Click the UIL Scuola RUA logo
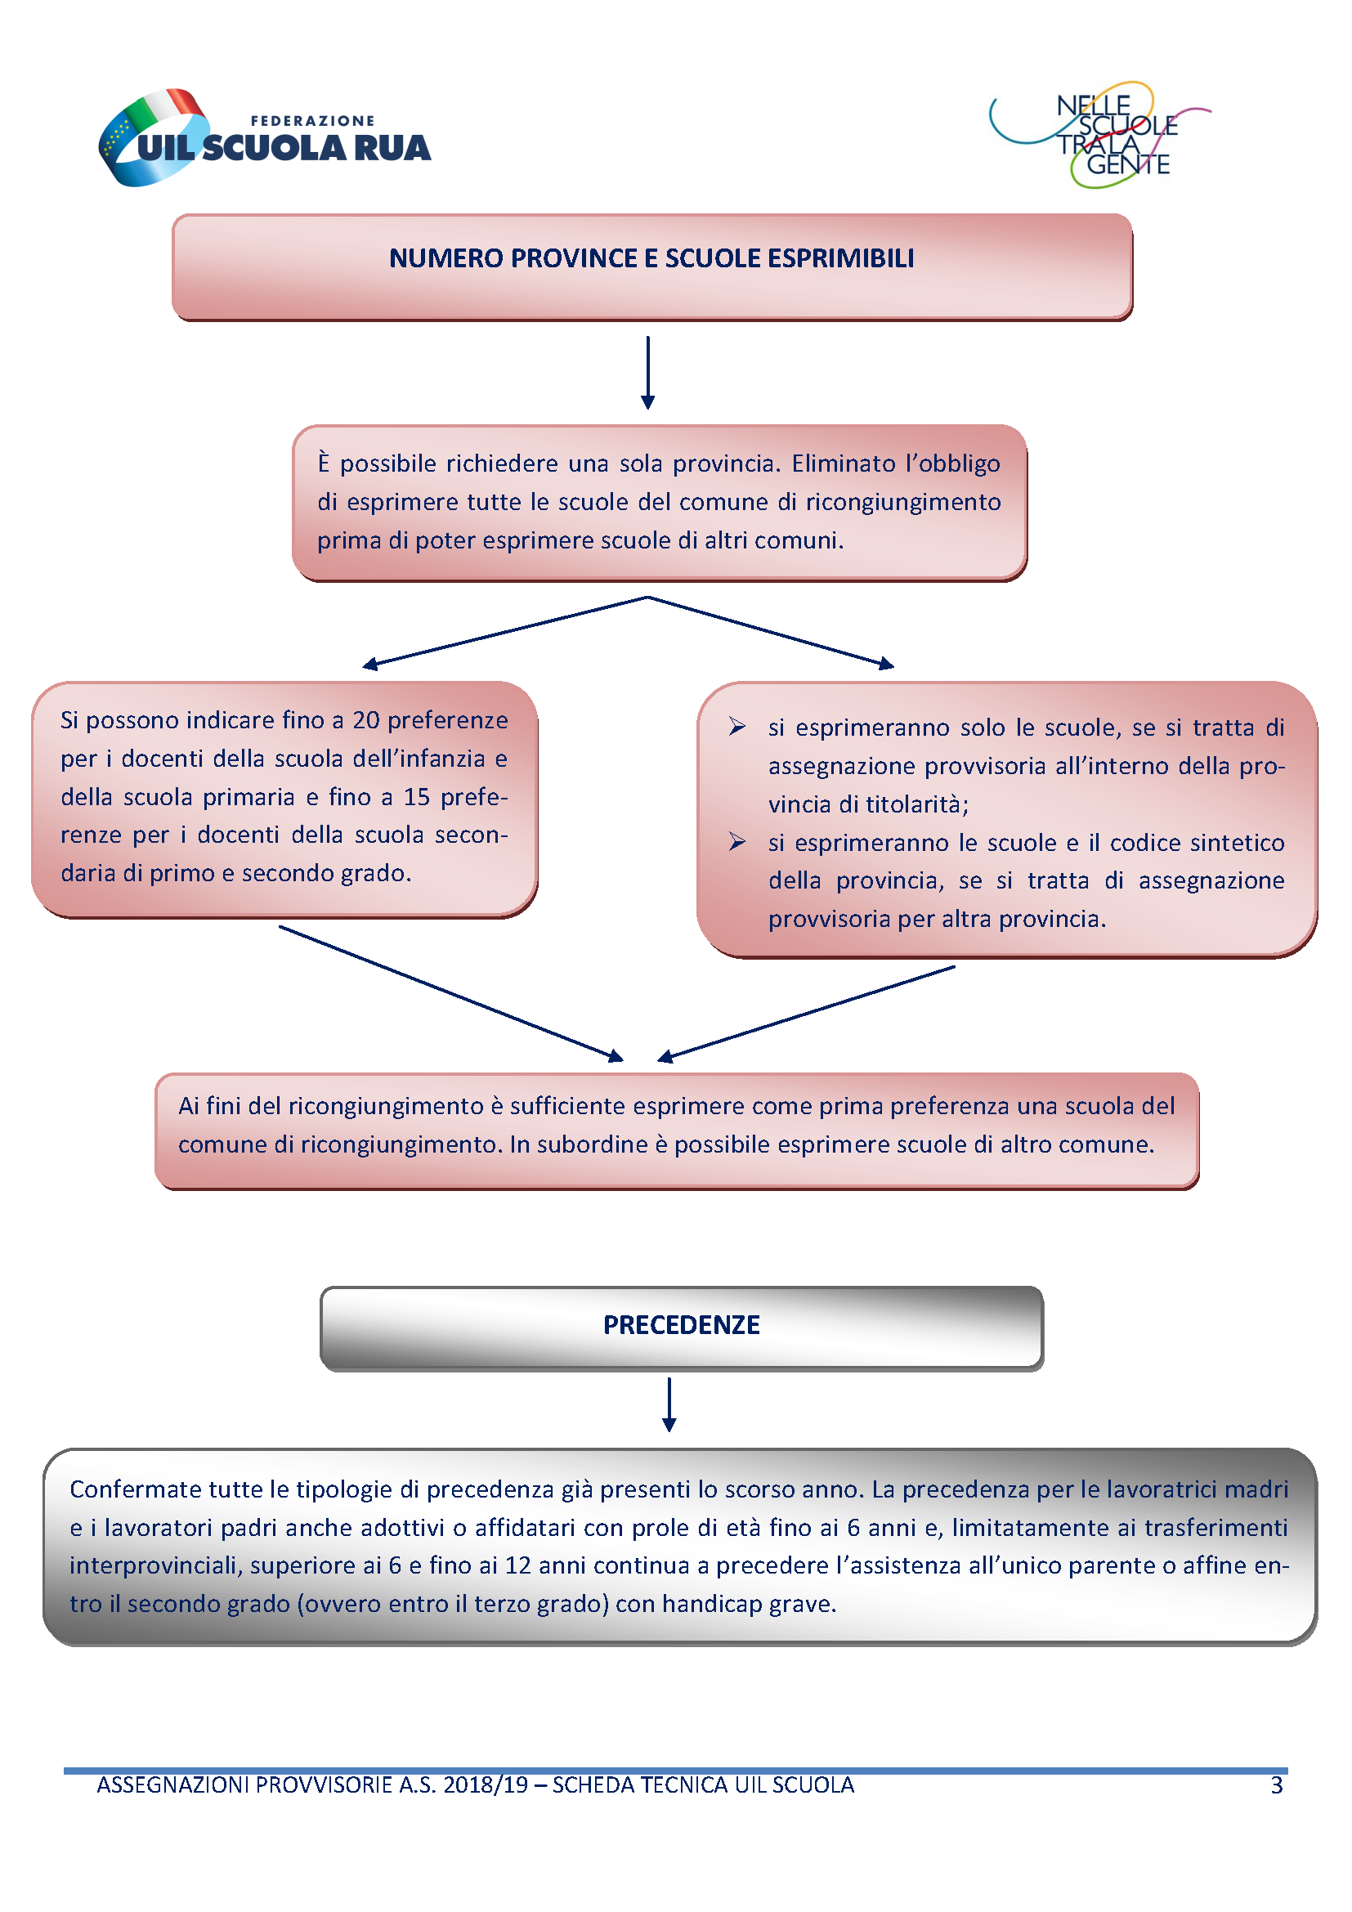click(265, 137)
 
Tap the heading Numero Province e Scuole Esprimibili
click(651, 258)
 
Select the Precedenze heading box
click(681, 1328)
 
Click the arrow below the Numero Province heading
click(647, 372)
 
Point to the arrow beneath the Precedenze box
click(669, 1404)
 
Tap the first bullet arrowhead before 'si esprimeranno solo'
click(736, 726)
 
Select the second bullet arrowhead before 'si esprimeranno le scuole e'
click(736, 841)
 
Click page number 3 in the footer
click(1276, 1784)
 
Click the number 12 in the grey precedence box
click(517, 1565)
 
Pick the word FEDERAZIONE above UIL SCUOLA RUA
click(313, 121)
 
